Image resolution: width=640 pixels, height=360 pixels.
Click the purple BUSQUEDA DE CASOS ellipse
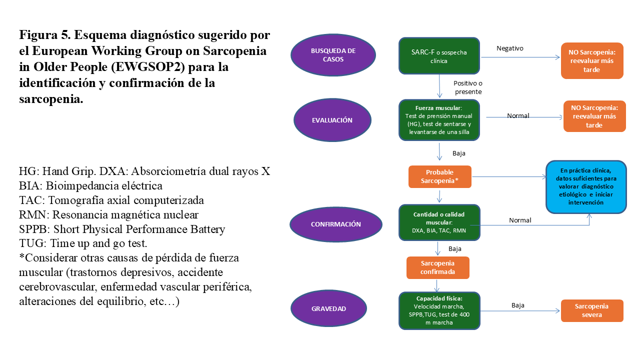pyautogui.click(x=333, y=55)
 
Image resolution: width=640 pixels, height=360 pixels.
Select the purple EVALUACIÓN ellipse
pyautogui.click(x=332, y=120)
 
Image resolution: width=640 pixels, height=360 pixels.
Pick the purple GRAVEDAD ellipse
pyautogui.click(x=328, y=308)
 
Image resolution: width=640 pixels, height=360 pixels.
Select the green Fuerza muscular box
pyautogui.click(x=439, y=120)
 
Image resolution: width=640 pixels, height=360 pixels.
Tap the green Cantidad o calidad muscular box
pyautogui.click(x=439, y=222)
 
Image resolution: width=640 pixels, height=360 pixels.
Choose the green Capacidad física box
pyautogui.click(x=439, y=310)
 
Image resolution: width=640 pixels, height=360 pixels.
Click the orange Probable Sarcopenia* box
pyautogui.click(x=439, y=176)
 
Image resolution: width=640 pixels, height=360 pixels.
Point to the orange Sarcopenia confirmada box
pyautogui.click(x=438, y=267)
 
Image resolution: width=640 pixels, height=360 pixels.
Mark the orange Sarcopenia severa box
pyautogui.click(x=592, y=310)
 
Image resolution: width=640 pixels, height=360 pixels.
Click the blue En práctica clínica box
pyautogui.click(x=585, y=187)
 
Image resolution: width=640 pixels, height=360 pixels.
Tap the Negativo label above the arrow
pyautogui.click(x=509, y=48)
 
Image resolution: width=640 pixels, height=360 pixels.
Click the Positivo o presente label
pyautogui.click(x=467, y=87)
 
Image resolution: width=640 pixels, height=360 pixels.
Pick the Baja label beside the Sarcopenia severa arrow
pyautogui.click(x=518, y=305)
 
